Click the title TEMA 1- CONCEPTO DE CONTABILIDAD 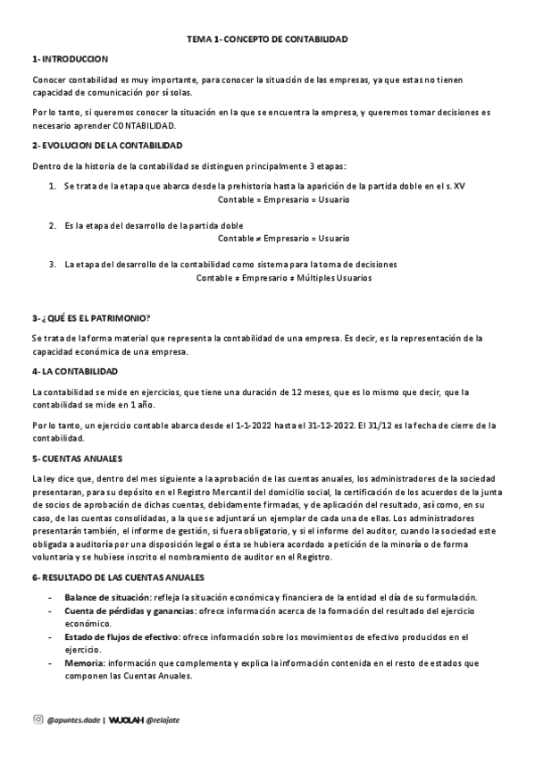(267, 40)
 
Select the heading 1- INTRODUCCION (70, 59)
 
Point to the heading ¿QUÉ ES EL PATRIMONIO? (95, 319)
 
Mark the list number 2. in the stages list (54, 225)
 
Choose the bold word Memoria (84, 663)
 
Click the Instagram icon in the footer (38, 718)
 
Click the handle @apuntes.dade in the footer (72, 719)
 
